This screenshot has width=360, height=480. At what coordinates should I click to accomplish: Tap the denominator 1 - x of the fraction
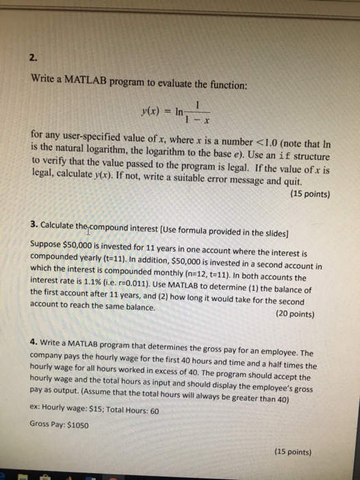[x=196, y=121]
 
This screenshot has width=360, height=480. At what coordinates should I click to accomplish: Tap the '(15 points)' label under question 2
[x=307, y=193]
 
